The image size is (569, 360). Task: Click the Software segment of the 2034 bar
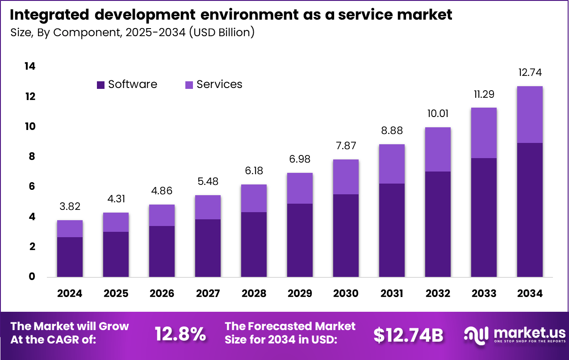click(530, 210)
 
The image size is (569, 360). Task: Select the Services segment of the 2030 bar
click(346, 177)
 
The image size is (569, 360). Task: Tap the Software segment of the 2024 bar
click(70, 257)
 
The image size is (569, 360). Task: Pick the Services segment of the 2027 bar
click(208, 207)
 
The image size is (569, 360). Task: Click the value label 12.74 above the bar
click(530, 73)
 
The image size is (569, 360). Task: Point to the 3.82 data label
click(70, 207)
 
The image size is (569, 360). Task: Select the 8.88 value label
click(392, 131)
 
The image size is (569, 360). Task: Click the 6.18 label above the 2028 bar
click(254, 171)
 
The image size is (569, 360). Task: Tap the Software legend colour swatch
click(100, 84)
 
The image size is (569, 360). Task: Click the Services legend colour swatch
click(189, 84)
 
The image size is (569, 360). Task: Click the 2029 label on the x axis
click(300, 293)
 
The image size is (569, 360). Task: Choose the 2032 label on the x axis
click(438, 293)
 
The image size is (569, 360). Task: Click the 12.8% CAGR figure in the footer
click(180, 334)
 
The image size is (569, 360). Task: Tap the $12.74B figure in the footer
click(408, 335)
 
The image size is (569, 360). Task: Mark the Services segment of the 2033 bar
click(484, 133)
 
